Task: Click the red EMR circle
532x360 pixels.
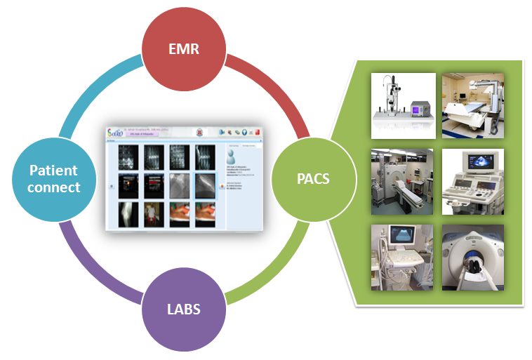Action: click(x=185, y=50)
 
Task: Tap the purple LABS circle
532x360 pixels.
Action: click(x=184, y=309)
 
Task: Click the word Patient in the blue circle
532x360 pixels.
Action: click(x=53, y=171)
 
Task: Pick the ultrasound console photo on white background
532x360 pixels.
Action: click(x=472, y=181)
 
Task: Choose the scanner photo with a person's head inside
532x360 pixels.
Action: click(x=472, y=257)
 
